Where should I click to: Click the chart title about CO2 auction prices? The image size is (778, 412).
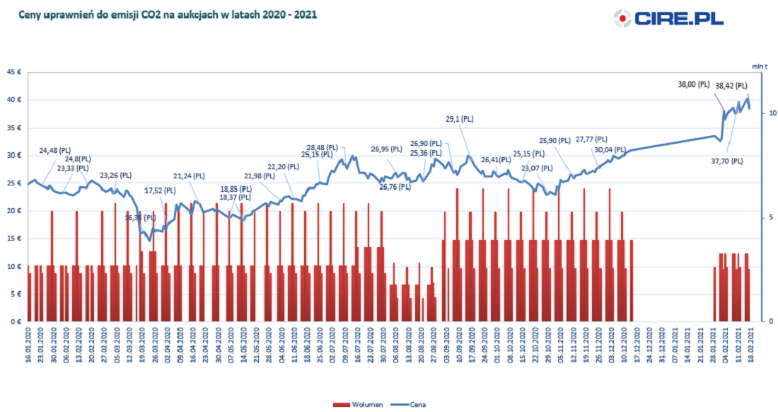click(168, 13)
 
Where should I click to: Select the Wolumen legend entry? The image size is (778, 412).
click(359, 405)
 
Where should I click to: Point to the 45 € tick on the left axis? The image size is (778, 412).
click(13, 71)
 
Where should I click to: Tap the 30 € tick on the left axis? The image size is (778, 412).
click(13, 155)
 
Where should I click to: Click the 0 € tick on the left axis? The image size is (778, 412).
click(16, 322)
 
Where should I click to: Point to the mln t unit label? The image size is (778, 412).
click(760, 65)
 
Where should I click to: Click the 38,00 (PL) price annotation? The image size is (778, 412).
click(693, 85)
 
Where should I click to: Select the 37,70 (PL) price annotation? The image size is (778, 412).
click(727, 161)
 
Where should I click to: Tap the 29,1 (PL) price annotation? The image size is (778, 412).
click(460, 119)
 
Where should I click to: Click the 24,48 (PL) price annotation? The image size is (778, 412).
click(55, 150)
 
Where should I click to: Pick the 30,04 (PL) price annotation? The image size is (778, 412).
click(609, 150)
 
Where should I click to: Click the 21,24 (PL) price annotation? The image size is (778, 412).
click(189, 176)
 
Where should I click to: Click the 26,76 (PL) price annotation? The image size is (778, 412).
click(395, 188)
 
